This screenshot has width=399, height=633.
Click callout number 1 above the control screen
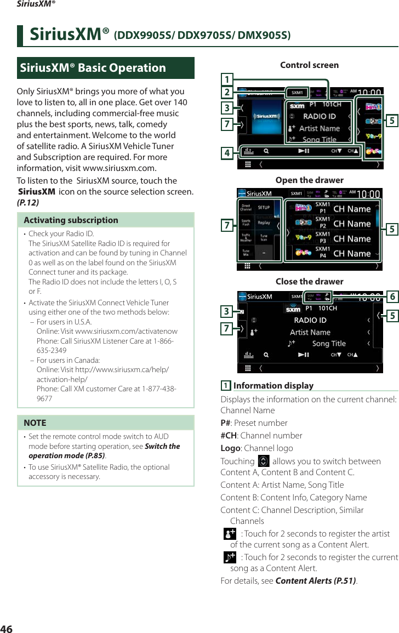[x=226, y=78]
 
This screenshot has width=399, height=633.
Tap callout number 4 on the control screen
[x=226, y=153]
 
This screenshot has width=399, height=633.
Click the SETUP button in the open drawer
[x=264, y=208]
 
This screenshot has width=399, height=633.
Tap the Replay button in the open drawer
[x=264, y=223]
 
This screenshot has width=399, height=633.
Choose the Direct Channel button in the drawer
[x=247, y=208]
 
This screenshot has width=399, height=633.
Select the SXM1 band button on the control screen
[x=296, y=92]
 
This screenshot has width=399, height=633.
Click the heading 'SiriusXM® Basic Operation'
[x=93, y=68]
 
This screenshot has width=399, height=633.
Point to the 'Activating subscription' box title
[x=71, y=220]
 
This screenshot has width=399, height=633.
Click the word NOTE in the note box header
[x=35, y=423]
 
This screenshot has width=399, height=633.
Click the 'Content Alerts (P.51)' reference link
[x=316, y=581]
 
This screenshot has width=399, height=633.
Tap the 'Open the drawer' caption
[x=309, y=180]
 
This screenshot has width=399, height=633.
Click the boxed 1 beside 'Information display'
[x=225, y=386]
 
